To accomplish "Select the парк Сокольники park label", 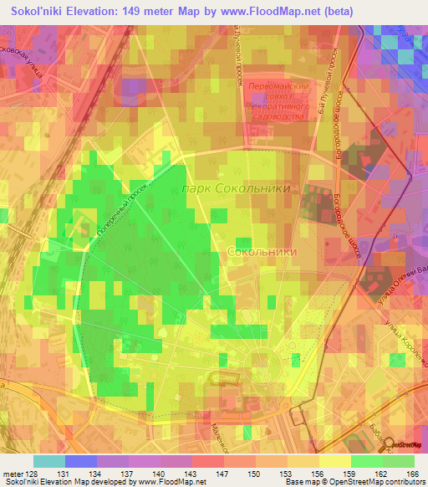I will [x=237, y=189].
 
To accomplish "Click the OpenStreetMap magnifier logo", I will [x=389, y=445].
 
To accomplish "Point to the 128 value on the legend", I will [x=30, y=473].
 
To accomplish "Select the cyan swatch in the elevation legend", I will [x=48, y=461].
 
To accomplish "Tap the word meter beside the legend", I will [x=11, y=473].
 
